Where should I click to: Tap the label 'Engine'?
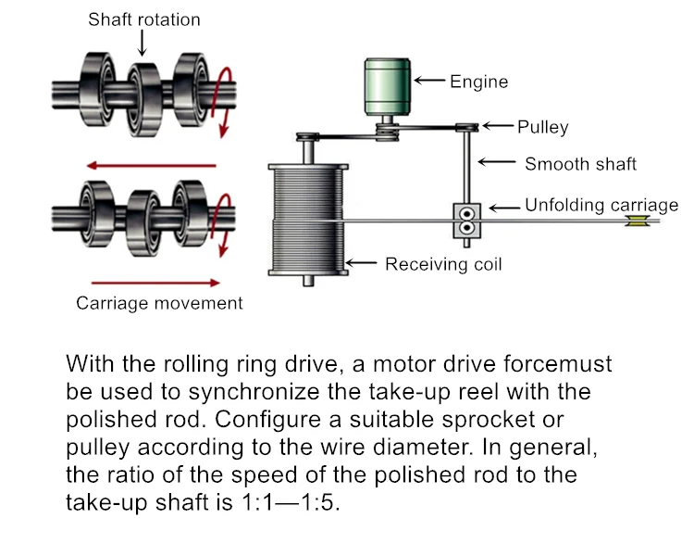[x=478, y=82]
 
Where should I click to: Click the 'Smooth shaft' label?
[x=580, y=164]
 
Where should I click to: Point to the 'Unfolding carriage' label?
[x=601, y=206]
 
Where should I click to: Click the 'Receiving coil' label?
[x=443, y=264]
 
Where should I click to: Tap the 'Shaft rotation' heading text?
[x=143, y=19]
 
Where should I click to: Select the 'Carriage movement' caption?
[x=159, y=303]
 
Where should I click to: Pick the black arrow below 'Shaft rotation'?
[x=142, y=42]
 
